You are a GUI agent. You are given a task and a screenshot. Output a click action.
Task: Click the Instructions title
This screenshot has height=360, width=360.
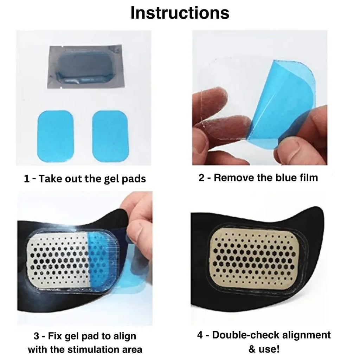coord(180,13)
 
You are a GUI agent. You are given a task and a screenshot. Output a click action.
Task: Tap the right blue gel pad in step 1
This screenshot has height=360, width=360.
coord(109,135)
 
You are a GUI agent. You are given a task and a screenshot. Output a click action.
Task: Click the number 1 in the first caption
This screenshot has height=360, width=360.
coord(26,179)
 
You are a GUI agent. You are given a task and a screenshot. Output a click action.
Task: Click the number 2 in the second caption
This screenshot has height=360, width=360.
coord(201,178)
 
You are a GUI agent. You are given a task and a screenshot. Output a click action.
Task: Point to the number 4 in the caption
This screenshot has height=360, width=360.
coord(200,335)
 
